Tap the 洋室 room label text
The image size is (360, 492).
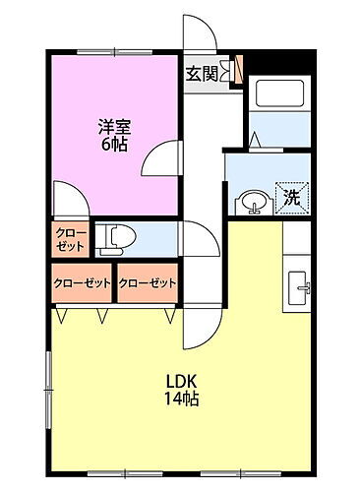coord(113,126)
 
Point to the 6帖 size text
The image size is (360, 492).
coord(113,145)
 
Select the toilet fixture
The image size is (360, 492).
coord(121,236)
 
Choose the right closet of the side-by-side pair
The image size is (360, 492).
coord(147,283)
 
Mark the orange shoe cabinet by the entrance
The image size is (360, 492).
coord(237,72)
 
